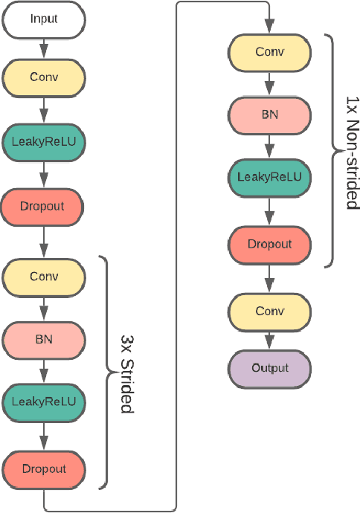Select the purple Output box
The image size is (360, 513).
(x=269, y=369)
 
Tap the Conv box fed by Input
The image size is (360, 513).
(x=44, y=77)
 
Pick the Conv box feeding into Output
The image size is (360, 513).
(x=269, y=310)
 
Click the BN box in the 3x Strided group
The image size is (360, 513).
(x=44, y=340)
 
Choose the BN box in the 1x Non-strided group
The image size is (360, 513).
(x=269, y=115)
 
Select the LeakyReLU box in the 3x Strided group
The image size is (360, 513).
(x=44, y=401)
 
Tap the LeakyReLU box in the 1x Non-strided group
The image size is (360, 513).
(x=269, y=177)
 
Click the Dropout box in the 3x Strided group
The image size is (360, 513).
(x=44, y=468)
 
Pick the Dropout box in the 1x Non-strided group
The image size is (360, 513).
(x=269, y=244)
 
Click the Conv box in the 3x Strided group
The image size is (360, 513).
(x=44, y=276)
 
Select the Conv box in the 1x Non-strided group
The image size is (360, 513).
(x=269, y=51)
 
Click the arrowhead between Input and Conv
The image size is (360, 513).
(x=44, y=52)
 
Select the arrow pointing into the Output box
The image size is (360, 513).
(x=269, y=344)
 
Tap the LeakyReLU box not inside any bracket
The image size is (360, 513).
(x=44, y=139)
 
